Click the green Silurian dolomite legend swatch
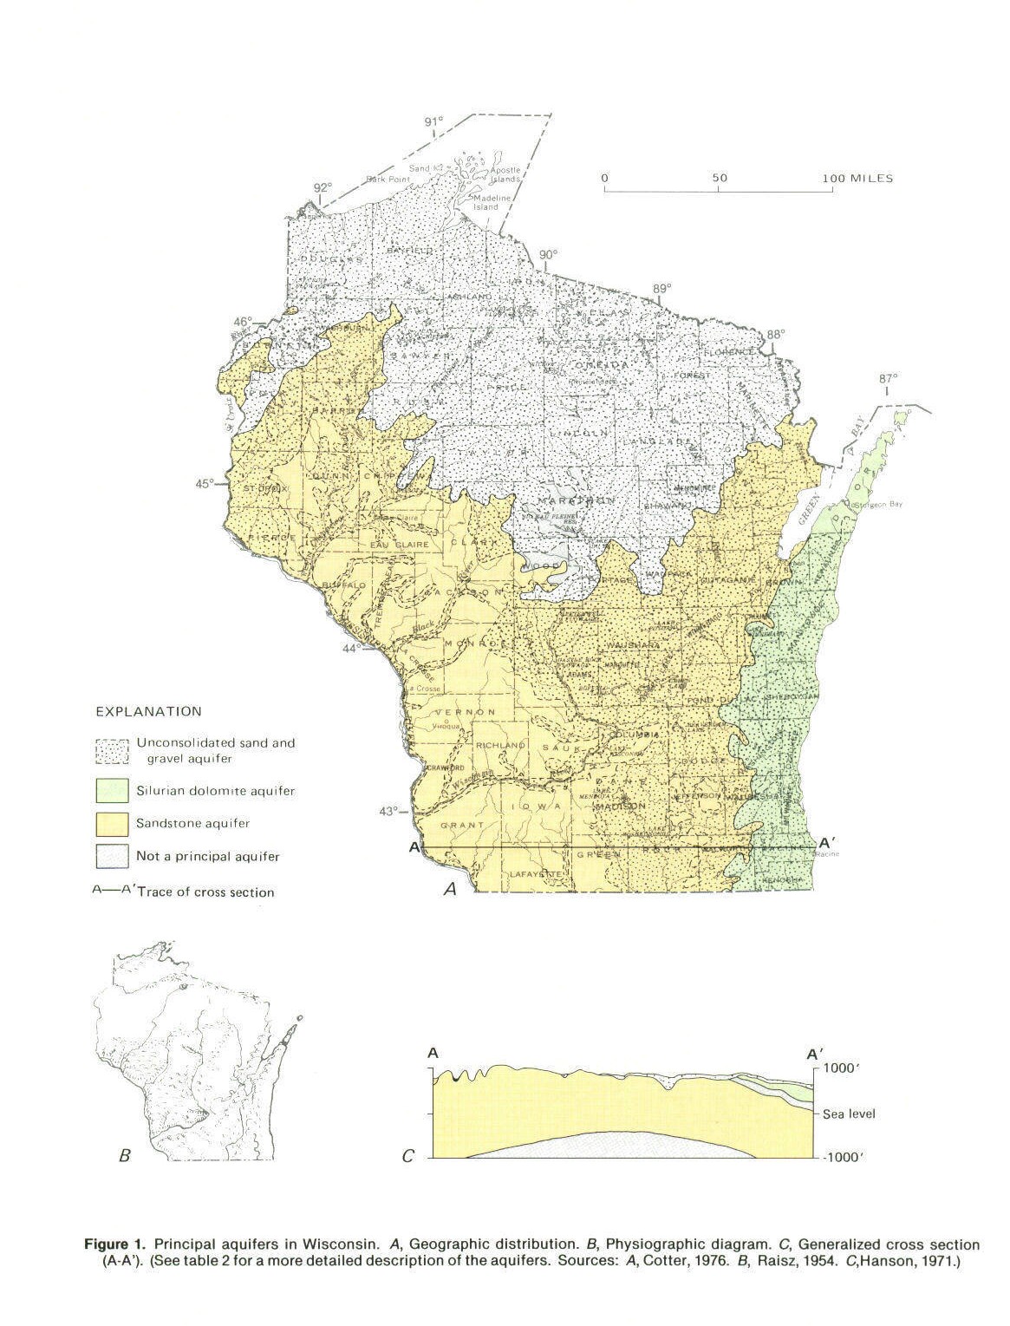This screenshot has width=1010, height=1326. pyautogui.click(x=113, y=790)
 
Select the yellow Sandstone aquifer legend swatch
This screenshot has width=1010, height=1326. pyautogui.click(x=113, y=822)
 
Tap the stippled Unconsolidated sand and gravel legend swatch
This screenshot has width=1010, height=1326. pyautogui.click(x=113, y=751)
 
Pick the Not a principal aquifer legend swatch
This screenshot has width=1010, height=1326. pyautogui.click(x=113, y=856)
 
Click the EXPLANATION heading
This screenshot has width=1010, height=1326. pyautogui.click(x=148, y=712)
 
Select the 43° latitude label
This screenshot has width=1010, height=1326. pyautogui.click(x=389, y=811)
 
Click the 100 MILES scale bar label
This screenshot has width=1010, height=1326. pyautogui.click(x=858, y=179)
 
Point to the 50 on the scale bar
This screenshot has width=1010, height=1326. pyautogui.click(x=720, y=179)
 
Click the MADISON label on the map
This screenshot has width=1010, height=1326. pyautogui.click(x=619, y=806)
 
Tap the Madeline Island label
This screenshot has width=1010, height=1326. pyautogui.click(x=485, y=203)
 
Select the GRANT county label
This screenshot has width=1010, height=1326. pyautogui.click(x=460, y=825)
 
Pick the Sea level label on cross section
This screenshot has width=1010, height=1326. pyautogui.click(x=849, y=1114)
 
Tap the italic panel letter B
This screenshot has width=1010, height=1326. pyautogui.click(x=124, y=1155)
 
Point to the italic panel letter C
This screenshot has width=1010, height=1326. pyautogui.click(x=408, y=1155)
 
